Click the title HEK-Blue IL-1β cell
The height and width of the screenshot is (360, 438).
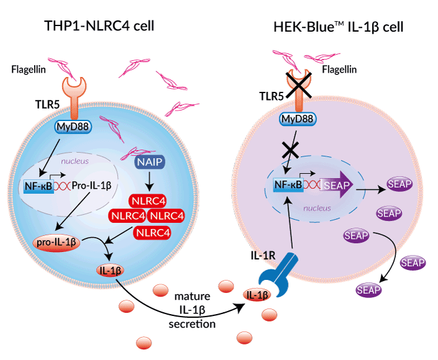338,27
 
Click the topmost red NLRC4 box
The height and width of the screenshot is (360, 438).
148,201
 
